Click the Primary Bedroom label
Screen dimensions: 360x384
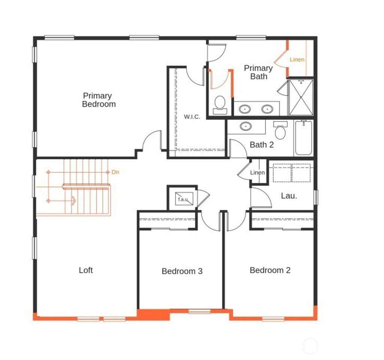pos(99,100)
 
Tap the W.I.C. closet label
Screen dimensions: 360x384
pos(192,117)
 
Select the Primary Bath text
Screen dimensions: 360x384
pos(258,72)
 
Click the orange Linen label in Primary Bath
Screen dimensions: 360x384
pos(297,60)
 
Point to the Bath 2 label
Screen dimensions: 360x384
pos(261,145)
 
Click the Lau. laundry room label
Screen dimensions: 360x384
pos(289,196)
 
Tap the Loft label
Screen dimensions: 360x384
pos(85,270)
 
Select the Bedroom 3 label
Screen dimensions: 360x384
pos(182,271)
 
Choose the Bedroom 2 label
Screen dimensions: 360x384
pos(270,270)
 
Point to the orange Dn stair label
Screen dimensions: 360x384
pos(115,172)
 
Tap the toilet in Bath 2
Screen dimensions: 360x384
pos(280,130)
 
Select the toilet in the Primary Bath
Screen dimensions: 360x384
pos(220,104)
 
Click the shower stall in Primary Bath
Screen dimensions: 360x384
pos(301,97)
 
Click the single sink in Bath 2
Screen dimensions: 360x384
pos(246,126)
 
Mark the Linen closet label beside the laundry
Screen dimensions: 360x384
pos(258,173)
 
